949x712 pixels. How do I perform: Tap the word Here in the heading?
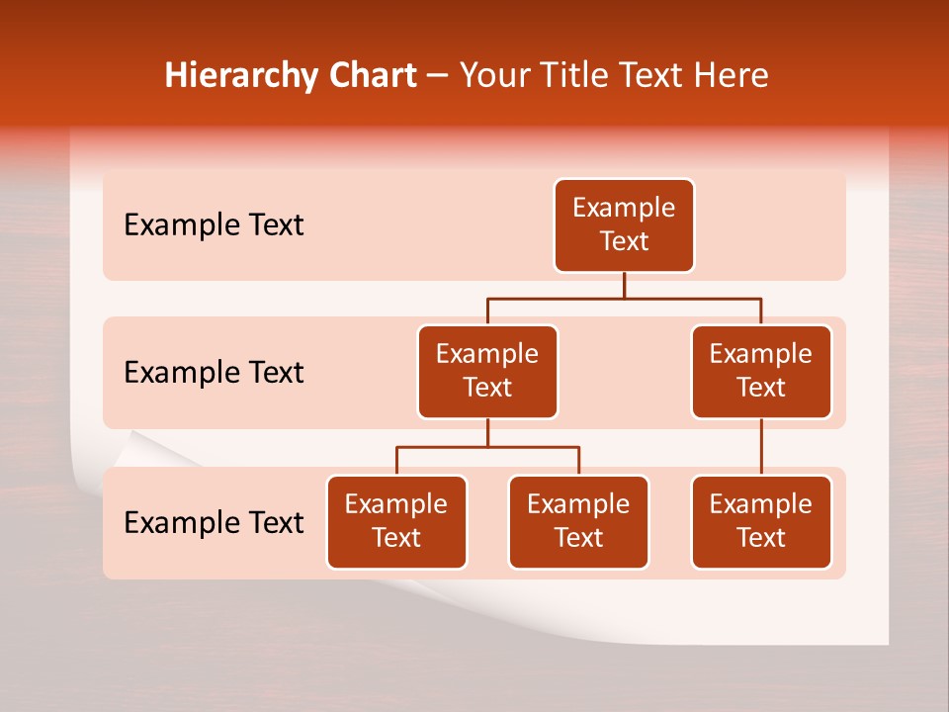730,75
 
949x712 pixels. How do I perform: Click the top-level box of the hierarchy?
624,225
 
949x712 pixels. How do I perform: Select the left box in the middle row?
487,372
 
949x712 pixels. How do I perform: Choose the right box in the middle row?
761,372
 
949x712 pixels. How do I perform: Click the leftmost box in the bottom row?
396,522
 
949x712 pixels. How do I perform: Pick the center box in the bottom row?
578,522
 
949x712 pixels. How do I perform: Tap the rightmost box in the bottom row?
761,522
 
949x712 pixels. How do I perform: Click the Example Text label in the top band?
214,225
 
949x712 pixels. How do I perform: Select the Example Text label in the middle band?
214,373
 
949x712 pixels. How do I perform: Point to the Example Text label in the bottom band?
214,522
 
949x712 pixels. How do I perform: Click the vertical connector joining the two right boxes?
761,447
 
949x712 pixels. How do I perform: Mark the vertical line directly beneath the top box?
624,285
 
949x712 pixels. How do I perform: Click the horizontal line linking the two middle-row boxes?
624,298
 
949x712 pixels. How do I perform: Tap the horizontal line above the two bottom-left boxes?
487,447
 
